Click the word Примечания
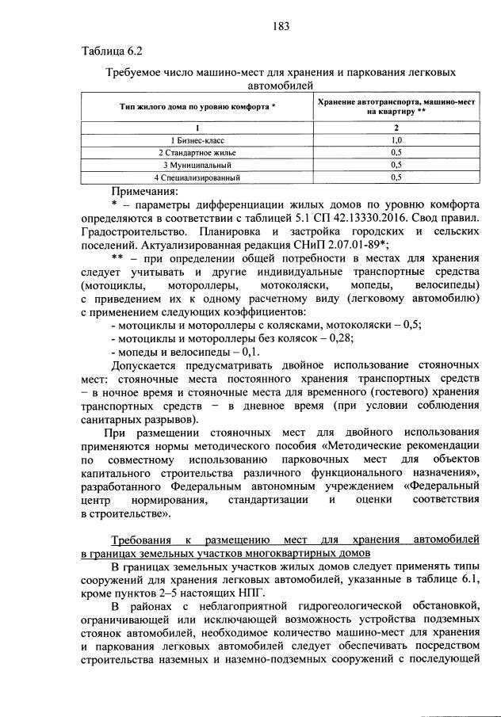point(145,191)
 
